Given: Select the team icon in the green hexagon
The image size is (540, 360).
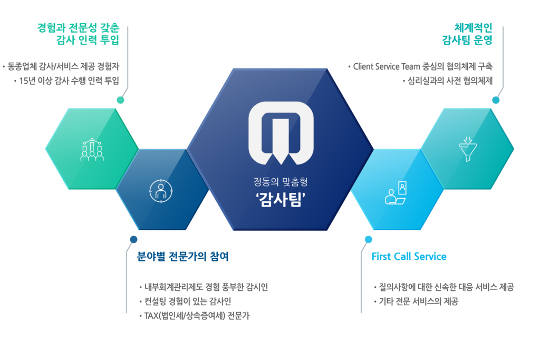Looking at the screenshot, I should click(92, 149).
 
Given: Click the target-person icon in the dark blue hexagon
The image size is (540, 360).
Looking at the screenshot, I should click(160, 191).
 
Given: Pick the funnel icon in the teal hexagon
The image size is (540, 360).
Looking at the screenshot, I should click(467, 149).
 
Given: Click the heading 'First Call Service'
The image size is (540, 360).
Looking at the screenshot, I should click(409, 257).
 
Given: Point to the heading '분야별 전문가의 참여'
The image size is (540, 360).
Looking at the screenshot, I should click(182, 257).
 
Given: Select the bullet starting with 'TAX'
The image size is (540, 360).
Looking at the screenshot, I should click(201, 315).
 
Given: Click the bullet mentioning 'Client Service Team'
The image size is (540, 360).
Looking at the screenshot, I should click(421, 67).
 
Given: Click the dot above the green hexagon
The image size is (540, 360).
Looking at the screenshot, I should click(121, 100).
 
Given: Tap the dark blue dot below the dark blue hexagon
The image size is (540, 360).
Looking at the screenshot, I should click(134, 239).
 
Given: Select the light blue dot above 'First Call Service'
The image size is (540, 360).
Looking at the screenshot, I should click(369, 239).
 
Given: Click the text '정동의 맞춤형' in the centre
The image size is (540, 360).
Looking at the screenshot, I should click(280, 182).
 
